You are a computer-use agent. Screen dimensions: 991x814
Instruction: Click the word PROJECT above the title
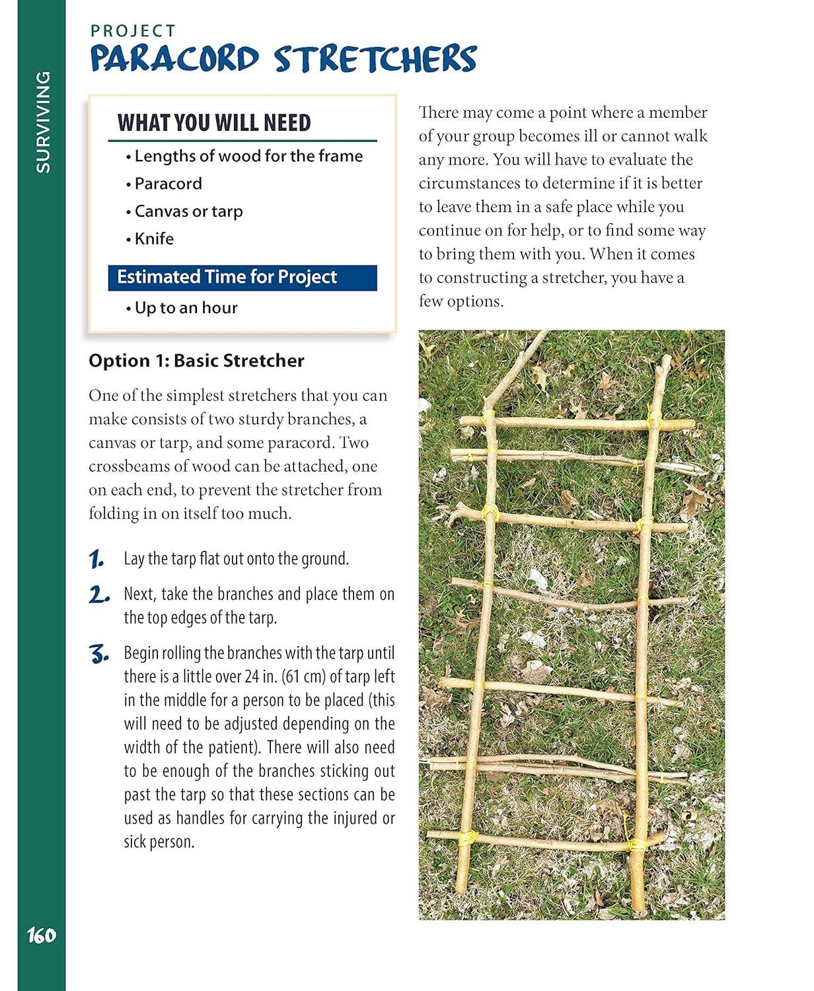(133, 31)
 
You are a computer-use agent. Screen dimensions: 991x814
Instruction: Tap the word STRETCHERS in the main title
(375, 59)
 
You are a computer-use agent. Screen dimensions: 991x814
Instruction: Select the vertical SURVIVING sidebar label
(42, 122)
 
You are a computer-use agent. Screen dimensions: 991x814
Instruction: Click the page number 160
(41, 936)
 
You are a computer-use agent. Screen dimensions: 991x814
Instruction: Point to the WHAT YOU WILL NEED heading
(214, 123)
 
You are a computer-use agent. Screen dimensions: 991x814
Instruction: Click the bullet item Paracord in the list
(168, 184)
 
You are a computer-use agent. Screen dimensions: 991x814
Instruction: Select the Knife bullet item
(154, 239)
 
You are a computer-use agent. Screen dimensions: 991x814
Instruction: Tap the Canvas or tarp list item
(188, 211)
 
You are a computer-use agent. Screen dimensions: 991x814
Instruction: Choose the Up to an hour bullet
(186, 308)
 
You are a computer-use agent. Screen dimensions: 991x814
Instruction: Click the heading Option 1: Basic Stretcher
(196, 361)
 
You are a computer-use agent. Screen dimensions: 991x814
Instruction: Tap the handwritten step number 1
(96, 560)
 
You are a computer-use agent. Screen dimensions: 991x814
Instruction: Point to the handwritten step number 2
(98, 595)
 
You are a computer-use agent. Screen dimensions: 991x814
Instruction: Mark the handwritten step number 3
(98, 655)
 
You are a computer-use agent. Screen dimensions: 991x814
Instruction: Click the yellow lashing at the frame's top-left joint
(488, 418)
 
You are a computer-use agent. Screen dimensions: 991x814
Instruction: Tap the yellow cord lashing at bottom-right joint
(638, 844)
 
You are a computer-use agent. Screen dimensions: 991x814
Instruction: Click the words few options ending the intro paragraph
(461, 301)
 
